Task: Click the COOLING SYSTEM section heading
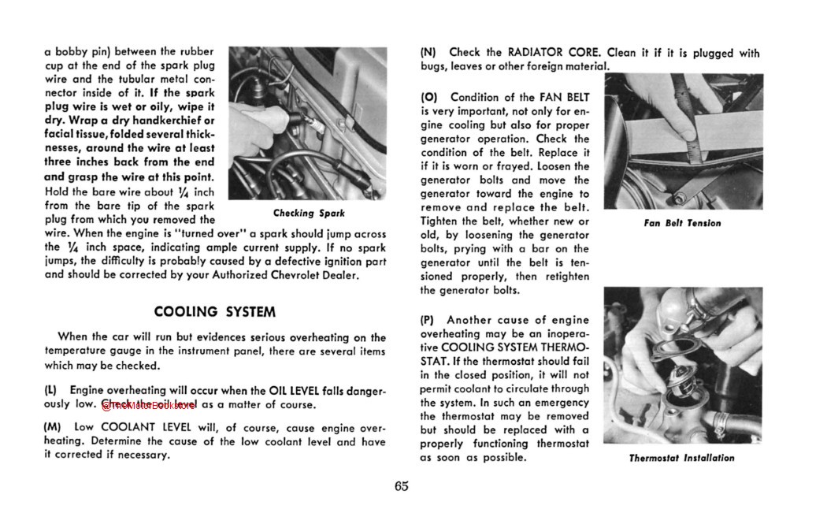tap(214, 312)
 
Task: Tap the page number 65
tap(402, 485)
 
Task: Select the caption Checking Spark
tap(309, 214)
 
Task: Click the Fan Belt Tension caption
tap(682, 223)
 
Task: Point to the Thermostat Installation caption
tap(681, 458)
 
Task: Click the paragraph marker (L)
tap(50, 391)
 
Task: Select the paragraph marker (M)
tap(52, 428)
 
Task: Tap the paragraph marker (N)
tap(428, 54)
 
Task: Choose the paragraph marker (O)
tap(429, 98)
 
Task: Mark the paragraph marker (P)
tap(428, 320)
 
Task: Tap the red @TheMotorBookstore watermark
tap(149, 404)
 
